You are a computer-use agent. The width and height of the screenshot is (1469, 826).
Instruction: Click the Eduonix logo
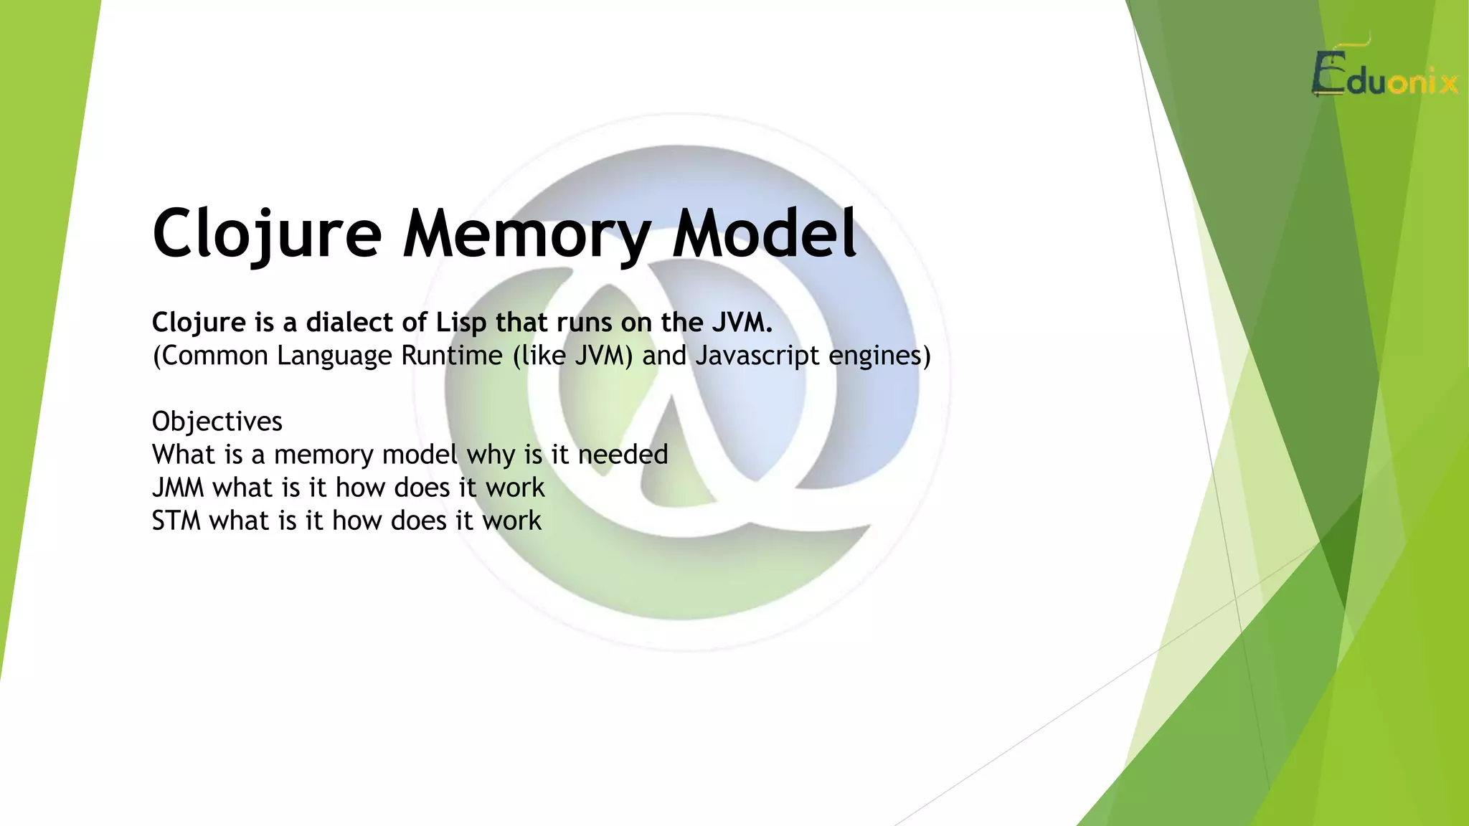tap(1384, 76)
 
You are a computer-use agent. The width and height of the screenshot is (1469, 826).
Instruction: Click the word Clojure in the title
tap(267, 234)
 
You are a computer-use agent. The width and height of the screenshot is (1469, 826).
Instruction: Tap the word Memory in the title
tap(526, 234)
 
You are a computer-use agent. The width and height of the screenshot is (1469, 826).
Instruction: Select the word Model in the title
tap(764, 234)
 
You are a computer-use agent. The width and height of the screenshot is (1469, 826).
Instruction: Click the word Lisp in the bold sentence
tap(461, 323)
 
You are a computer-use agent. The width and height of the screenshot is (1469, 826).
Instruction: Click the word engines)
tap(880, 356)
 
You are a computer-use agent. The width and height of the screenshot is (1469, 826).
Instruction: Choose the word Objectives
tap(217, 422)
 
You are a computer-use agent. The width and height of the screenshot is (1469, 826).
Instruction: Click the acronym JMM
tap(178, 488)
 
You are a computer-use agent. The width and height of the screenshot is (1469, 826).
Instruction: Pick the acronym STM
tap(176, 521)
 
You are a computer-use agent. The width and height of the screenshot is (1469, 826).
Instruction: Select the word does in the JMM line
tap(422, 488)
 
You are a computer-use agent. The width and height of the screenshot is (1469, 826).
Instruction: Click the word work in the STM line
tap(511, 521)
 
